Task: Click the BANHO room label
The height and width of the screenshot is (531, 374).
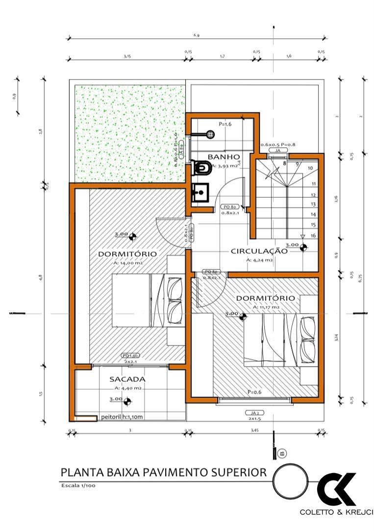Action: (224, 157)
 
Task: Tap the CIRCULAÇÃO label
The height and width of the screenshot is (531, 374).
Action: (259, 251)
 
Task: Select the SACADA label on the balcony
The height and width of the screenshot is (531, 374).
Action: (127, 379)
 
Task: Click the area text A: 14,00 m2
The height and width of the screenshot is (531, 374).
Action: (127, 263)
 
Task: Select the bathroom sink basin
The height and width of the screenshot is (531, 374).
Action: (200, 193)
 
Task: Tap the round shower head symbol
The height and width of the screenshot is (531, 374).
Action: (211, 133)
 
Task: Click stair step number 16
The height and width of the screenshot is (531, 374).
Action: (312, 236)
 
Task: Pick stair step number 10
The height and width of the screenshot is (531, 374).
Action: (310, 168)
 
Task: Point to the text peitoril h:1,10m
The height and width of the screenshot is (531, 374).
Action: (123, 418)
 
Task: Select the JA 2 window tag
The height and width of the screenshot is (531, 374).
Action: (254, 413)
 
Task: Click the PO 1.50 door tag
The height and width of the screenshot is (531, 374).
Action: (131, 355)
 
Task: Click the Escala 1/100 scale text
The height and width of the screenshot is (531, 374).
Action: (78, 486)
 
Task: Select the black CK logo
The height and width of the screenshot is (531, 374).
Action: (337, 489)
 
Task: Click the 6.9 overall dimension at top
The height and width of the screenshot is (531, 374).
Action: (196, 35)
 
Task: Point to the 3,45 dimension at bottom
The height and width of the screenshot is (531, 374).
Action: (254, 430)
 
